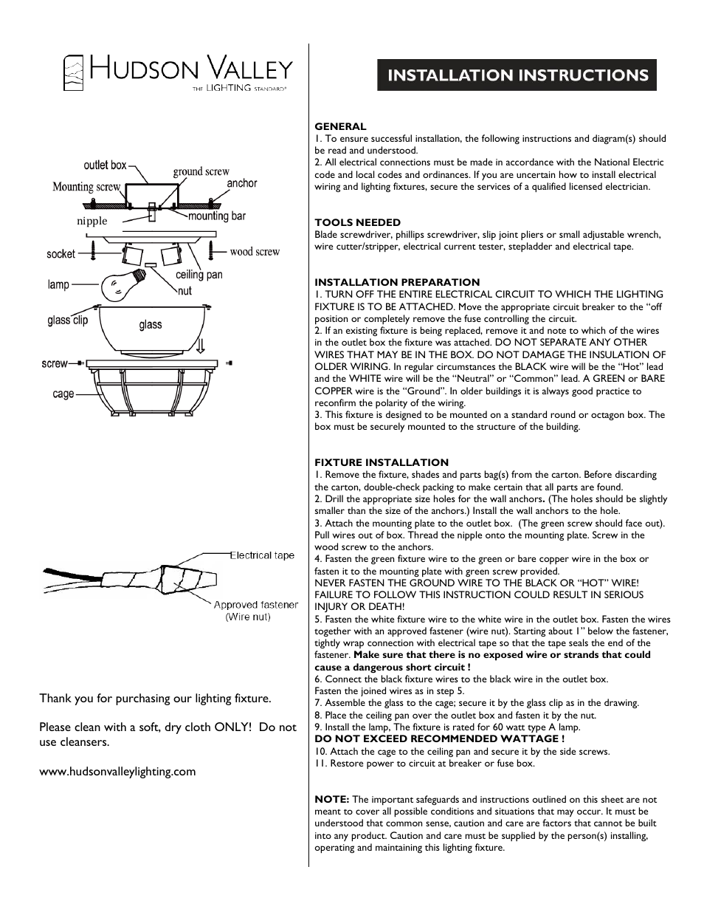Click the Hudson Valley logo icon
pos(72,73)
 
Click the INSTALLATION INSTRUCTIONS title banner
pos(517,75)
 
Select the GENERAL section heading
pos(340,126)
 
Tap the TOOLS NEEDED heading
pos(357,222)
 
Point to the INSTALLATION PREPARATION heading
pos(397,282)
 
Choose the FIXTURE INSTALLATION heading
pos(381,462)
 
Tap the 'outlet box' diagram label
pos(105,165)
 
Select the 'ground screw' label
pos(201,171)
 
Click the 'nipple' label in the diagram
pos(92,221)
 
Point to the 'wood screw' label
pos(255,252)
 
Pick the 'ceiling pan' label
pos(199,275)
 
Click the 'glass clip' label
pos(68,320)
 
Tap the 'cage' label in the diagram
pos(63,394)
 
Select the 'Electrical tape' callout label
pos(262,555)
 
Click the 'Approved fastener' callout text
pos(255,605)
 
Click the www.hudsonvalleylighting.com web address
pos(117,772)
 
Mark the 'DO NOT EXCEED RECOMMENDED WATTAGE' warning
pos(439,738)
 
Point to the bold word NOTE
pos(331,799)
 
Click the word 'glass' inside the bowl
pos(150,325)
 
